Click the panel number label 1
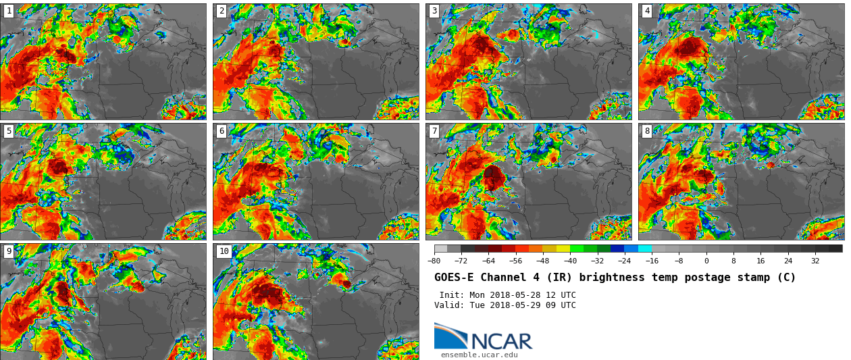8,11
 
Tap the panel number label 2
221,11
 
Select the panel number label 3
434,11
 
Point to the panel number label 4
646,11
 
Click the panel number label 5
8,131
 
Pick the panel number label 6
221,131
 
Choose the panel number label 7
434,131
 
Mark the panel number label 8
646,131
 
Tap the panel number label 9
8,251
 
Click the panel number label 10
224,251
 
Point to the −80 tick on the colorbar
434,261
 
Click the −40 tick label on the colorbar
570,261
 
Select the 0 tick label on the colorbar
706,261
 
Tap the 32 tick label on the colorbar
815,261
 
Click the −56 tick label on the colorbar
515,261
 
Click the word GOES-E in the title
454,278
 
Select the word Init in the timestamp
450,295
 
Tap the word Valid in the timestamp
448,305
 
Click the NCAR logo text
501,341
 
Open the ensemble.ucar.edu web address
479,355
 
